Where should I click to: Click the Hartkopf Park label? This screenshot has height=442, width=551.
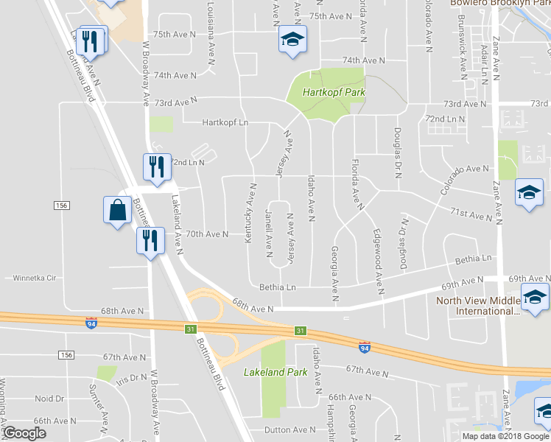pyautogui.click(x=335, y=93)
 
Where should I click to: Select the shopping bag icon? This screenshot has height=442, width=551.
pyautogui.click(x=118, y=211)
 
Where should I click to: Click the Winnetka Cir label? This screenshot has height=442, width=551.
pyautogui.click(x=35, y=278)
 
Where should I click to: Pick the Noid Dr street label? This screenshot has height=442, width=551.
pyautogui.click(x=49, y=399)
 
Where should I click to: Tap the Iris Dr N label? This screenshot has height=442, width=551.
pyautogui.click(x=132, y=376)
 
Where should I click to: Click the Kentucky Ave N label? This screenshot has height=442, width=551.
pyautogui.click(x=250, y=213)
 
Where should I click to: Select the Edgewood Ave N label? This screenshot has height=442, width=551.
pyautogui.click(x=380, y=261)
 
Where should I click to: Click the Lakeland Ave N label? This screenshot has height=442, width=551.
pyautogui.click(x=177, y=221)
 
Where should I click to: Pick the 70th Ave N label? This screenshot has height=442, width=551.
pyautogui.click(x=207, y=234)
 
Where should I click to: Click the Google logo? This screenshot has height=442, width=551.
pyautogui.click(x=24, y=433)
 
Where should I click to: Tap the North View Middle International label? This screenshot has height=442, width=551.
pyautogui.click(x=479, y=306)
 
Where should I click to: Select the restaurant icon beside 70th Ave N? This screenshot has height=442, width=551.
pyautogui.click(x=150, y=241)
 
